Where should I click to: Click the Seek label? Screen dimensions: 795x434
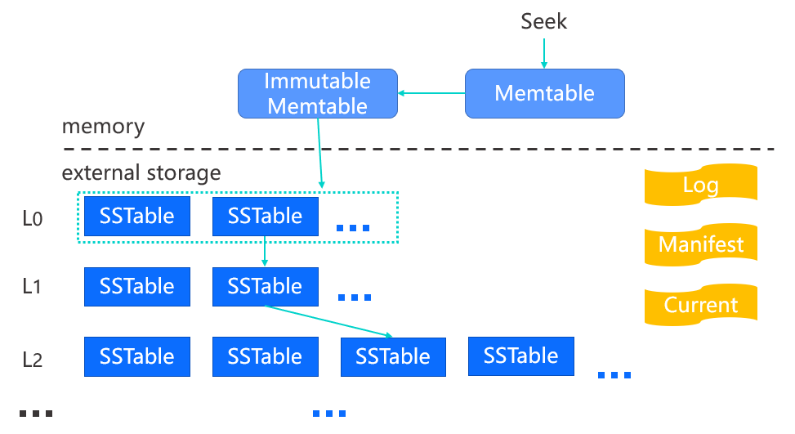point(543,21)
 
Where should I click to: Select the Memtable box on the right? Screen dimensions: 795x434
point(544,94)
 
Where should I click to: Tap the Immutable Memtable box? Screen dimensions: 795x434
point(317,94)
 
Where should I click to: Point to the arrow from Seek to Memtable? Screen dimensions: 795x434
point(544,53)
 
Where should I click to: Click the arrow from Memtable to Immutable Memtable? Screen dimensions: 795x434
point(431,93)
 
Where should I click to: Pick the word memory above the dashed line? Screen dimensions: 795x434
point(104,127)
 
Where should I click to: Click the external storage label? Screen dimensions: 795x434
point(141,173)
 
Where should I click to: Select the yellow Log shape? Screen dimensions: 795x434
point(701,185)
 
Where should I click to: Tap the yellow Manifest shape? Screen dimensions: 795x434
point(701,244)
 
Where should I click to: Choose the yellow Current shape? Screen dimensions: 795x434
point(701,305)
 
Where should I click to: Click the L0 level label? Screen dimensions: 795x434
point(33,219)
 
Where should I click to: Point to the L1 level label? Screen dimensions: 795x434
point(31,287)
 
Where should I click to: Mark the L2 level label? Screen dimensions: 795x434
point(33,360)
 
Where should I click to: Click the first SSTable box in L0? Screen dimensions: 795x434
point(137,217)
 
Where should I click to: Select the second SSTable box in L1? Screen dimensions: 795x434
point(266,287)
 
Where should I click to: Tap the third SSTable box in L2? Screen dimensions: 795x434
point(393,357)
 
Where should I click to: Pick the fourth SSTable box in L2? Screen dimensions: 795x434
point(521,356)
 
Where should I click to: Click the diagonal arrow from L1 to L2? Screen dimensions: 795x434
point(328,321)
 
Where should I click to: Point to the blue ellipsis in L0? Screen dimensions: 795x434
point(354,228)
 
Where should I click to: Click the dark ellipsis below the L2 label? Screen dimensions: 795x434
point(36,414)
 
